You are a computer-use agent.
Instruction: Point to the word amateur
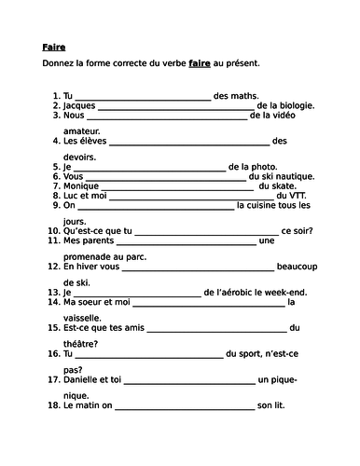tap(85, 131)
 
